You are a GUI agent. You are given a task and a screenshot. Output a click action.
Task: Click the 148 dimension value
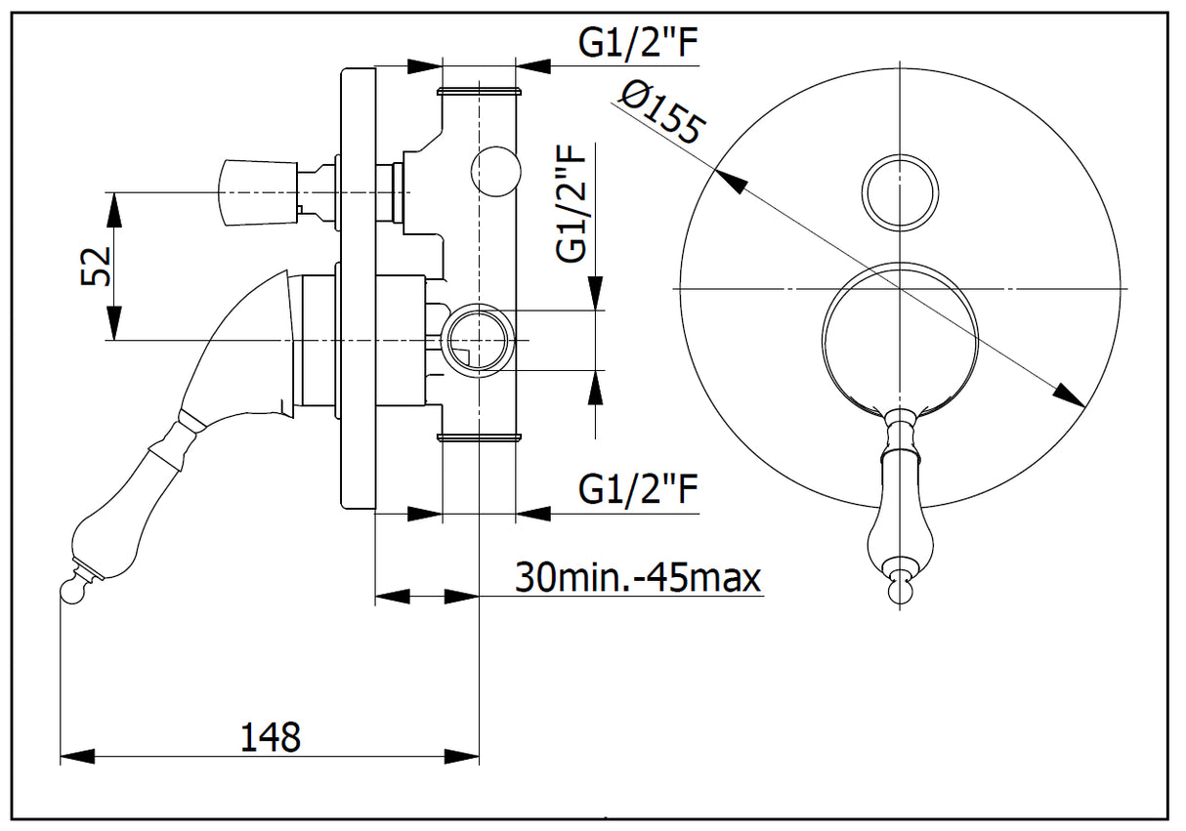tap(270, 736)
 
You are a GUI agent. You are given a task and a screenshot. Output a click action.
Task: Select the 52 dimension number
tap(96, 265)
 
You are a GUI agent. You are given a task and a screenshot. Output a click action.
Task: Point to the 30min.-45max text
tap(638, 578)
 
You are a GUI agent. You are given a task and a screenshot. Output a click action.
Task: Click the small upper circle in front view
tap(900, 192)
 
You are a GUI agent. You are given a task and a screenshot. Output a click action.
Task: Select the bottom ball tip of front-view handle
tap(900, 589)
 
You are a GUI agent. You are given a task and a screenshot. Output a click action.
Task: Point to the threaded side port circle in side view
tap(478, 338)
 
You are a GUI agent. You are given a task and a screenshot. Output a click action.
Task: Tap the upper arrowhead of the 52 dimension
tap(114, 207)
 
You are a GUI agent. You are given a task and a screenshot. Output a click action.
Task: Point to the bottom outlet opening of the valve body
tap(479, 437)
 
